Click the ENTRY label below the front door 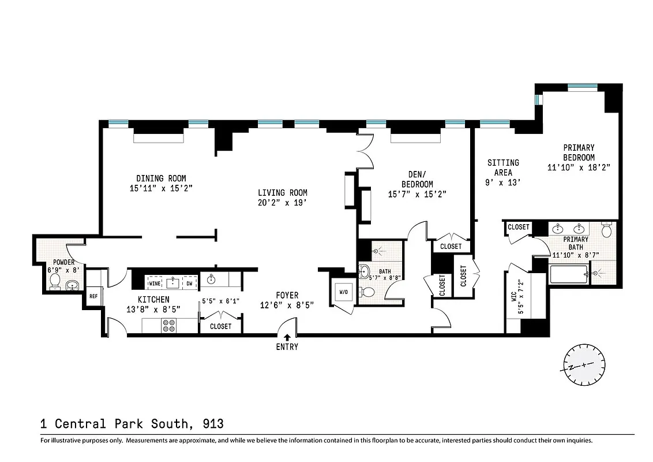287,347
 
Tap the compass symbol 584,365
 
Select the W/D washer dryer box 344,292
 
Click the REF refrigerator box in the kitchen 93,296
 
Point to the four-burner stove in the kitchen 169,326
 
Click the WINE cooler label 155,284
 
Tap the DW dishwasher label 190,284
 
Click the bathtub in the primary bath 568,274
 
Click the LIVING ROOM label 282,193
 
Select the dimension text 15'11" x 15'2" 161,188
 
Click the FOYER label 287,296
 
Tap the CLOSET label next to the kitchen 220,326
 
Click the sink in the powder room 73,284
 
